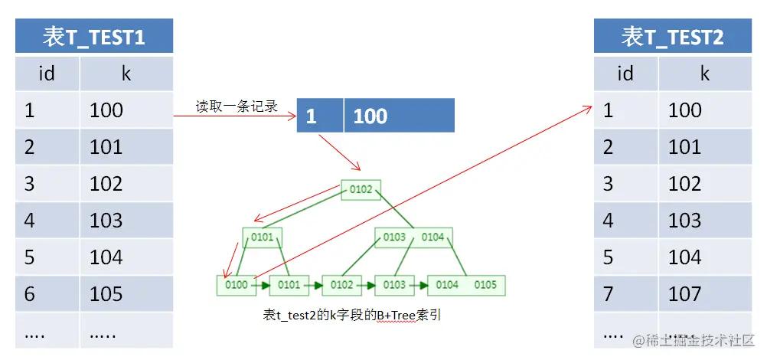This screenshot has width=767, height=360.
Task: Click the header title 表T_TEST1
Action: [94, 36]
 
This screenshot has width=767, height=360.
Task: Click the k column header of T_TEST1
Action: [126, 74]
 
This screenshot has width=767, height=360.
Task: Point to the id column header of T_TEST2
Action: [625, 74]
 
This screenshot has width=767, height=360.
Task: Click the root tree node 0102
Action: [361, 189]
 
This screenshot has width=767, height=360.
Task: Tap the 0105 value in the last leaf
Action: [485, 285]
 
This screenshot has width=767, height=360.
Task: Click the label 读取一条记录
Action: [237, 106]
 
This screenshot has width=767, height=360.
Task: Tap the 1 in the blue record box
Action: [312, 116]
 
